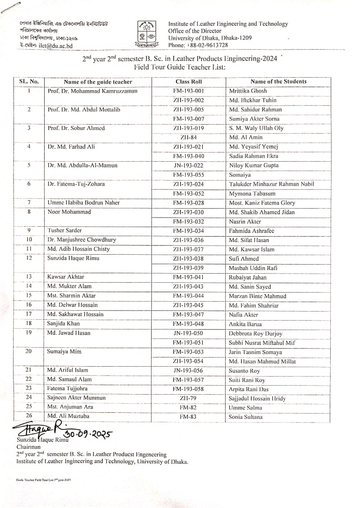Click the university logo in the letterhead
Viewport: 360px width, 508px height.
[x=145, y=34]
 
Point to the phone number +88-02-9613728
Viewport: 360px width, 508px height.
[x=205, y=45]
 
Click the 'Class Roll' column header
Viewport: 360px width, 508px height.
[x=189, y=82]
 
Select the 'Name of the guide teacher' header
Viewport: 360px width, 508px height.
[x=98, y=82]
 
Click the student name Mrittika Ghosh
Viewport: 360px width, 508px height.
[x=248, y=91]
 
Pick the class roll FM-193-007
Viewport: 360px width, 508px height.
[x=189, y=119]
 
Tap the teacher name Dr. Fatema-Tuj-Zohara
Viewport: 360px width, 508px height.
[x=76, y=184]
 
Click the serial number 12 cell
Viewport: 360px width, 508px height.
[x=29, y=258]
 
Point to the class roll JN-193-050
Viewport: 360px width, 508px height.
[x=189, y=333]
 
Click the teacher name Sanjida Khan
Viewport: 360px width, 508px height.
[x=63, y=324]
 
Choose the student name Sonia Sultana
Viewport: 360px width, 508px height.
[x=245, y=417]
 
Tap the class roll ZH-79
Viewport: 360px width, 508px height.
[x=189, y=398]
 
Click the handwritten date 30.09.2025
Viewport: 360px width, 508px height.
[x=88, y=434]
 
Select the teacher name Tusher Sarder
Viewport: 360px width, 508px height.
[x=65, y=230]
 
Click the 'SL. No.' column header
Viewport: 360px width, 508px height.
[x=29, y=82]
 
